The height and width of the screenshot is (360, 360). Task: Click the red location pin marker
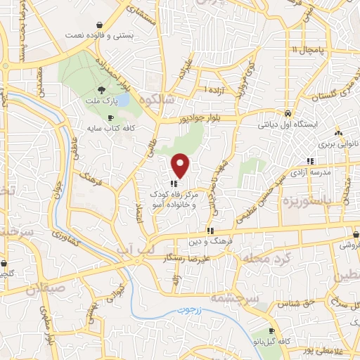pos(181,165)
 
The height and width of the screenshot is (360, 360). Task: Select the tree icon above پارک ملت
pos(101,89)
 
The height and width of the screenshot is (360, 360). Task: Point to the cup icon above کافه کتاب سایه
pos(110,117)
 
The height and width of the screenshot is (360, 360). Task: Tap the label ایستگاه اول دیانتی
pos(300,124)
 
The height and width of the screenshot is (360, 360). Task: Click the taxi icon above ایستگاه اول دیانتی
pos(288,113)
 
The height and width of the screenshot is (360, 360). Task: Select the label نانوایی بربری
pos(340,143)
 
